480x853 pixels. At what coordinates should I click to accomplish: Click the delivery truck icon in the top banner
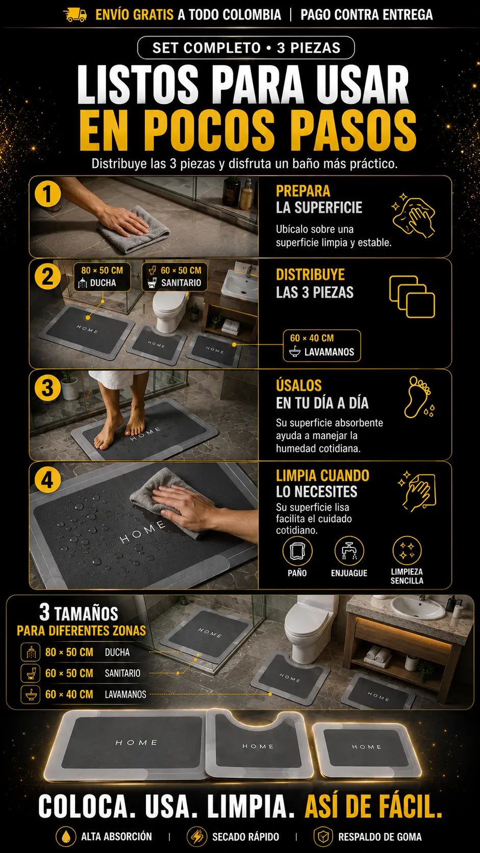click(76, 15)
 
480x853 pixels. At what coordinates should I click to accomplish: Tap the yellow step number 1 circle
click(47, 194)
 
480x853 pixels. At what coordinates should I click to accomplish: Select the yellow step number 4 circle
click(47, 480)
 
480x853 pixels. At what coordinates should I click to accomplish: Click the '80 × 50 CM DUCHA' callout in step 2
click(102, 277)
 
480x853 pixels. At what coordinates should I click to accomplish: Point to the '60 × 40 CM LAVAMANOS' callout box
click(322, 345)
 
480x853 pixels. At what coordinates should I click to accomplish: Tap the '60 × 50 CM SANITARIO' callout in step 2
click(175, 277)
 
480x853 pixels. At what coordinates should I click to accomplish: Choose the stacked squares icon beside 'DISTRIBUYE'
click(412, 296)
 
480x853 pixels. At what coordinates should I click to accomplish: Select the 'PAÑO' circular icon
click(297, 551)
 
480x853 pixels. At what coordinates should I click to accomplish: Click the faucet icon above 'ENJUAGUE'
click(349, 551)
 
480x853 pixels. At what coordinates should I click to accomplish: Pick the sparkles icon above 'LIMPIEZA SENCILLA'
click(407, 551)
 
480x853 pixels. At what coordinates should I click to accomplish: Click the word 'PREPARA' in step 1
click(303, 191)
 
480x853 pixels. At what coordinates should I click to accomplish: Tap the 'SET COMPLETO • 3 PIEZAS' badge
click(246, 48)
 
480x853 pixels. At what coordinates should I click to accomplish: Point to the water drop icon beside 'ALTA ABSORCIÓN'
click(66, 837)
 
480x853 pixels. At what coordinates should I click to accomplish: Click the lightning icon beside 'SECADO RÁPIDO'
click(197, 837)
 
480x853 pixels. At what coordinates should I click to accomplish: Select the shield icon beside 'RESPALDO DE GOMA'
click(323, 837)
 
